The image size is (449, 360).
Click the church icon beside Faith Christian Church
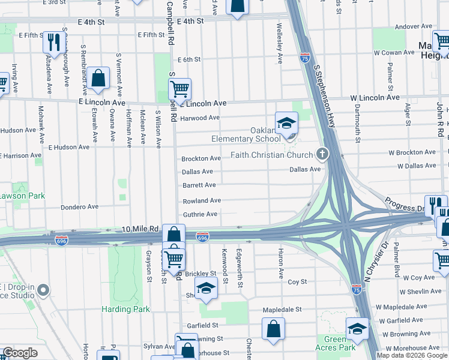322,155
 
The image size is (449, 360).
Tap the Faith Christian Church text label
273,155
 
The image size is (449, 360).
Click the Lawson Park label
22,196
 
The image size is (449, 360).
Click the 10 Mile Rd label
140,229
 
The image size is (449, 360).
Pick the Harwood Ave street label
200,118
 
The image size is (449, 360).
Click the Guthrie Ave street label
200,214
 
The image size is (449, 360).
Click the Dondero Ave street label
79,207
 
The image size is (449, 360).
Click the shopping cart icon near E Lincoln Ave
179,89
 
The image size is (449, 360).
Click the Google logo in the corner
20,353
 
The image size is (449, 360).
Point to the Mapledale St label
282,310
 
